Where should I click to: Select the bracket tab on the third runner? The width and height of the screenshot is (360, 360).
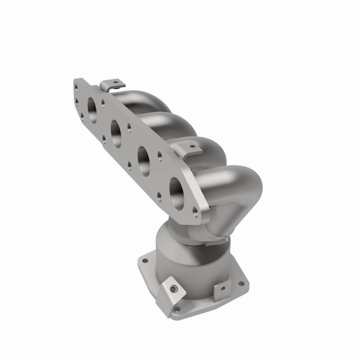(185, 149)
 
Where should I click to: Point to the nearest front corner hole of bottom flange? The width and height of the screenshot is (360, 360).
(176, 309)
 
